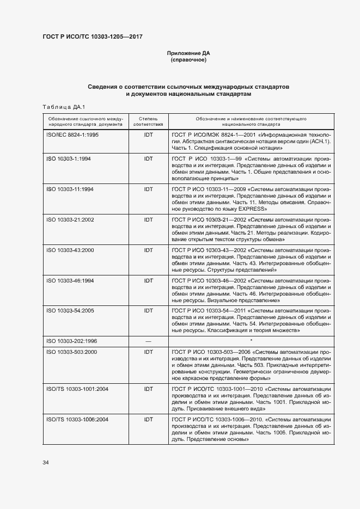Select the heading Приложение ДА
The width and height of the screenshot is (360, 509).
[188, 53]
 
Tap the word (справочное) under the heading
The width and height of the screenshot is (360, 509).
[188, 59]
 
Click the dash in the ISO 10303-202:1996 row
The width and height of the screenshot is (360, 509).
[148, 341]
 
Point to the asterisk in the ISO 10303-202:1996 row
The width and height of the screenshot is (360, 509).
[251, 340]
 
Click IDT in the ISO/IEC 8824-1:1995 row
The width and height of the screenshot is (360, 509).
[148, 134]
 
